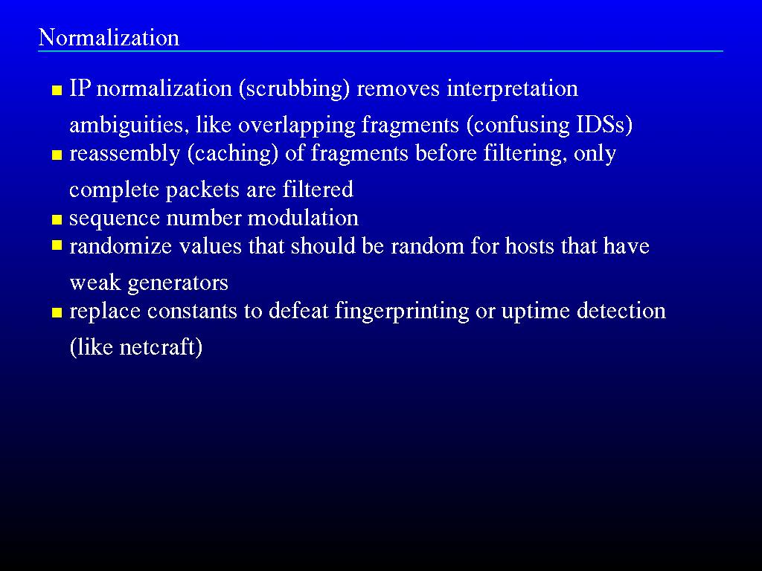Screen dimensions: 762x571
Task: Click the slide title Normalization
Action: coord(109,37)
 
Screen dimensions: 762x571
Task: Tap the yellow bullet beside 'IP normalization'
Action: coord(57,90)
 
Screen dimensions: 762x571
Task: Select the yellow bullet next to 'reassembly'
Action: coord(57,155)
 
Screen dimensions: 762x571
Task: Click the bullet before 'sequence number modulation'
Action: coord(57,220)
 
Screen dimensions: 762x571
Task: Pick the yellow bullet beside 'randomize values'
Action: coord(57,245)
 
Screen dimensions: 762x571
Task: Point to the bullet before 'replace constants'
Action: coord(57,313)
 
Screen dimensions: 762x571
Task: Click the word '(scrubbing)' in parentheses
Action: coord(294,89)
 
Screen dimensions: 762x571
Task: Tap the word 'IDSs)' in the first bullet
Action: coord(604,125)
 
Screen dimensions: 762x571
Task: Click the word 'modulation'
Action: coord(303,218)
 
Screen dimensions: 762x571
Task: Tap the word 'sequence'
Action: coord(114,219)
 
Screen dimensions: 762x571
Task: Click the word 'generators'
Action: coord(177,283)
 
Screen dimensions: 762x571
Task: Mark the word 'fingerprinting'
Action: coord(402,312)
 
